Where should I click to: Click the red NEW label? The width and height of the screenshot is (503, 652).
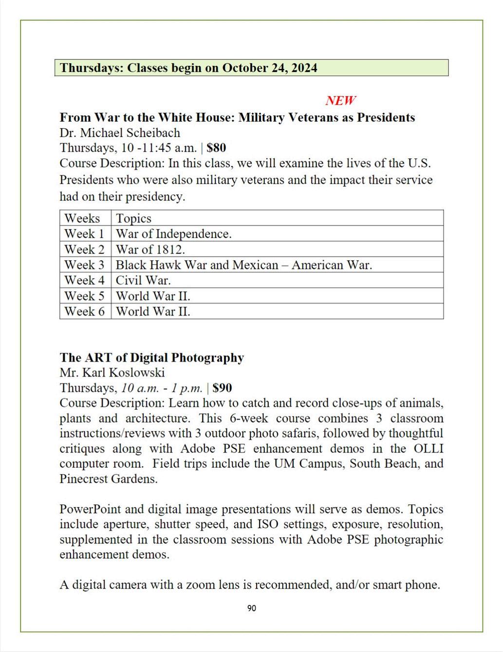tap(340, 101)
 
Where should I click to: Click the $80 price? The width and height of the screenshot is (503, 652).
tap(216, 148)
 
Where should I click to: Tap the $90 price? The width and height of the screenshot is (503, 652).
tap(222, 388)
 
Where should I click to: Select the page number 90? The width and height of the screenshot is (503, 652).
tap(252, 608)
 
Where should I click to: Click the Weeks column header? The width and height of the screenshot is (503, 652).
tap(82, 218)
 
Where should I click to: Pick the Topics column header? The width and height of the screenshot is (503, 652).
tap(133, 218)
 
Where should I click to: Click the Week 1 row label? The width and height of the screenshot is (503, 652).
tap(84, 234)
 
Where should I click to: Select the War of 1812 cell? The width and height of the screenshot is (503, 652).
tap(150, 249)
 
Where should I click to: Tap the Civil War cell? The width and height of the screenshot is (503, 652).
tap(143, 280)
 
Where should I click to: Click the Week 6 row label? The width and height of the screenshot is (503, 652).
tap(84, 311)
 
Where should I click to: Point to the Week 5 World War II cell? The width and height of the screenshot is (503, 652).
tap(153, 296)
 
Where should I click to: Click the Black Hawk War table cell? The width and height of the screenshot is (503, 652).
tap(243, 265)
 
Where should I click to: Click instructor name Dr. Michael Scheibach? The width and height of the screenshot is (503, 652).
tap(120, 133)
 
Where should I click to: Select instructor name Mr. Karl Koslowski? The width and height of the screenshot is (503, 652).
tap(112, 373)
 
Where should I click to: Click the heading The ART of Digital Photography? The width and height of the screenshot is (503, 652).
tap(151, 358)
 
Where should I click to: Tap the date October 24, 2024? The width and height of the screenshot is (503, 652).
tap(270, 68)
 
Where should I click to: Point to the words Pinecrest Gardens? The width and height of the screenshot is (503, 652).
tap(108, 479)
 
